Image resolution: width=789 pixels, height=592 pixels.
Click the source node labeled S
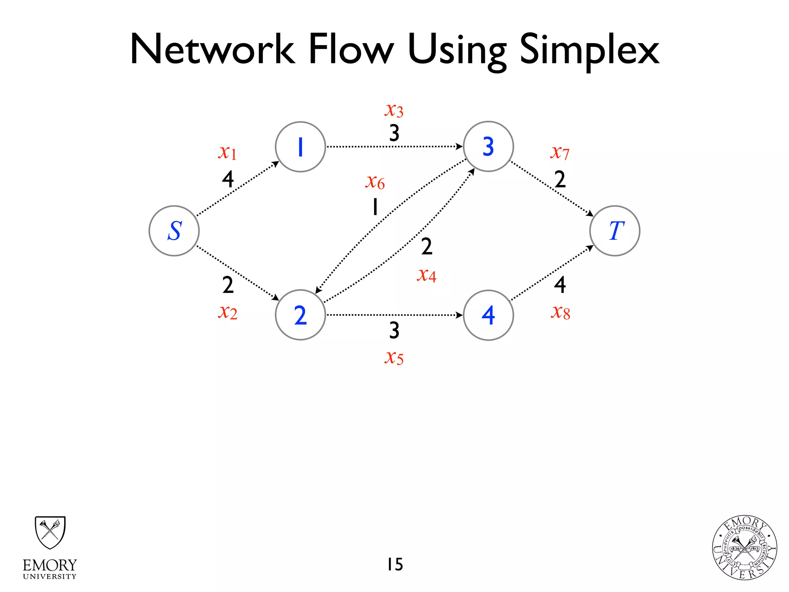pyautogui.click(x=174, y=231)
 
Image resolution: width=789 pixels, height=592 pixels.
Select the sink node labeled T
pyautogui.click(x=614, y=231)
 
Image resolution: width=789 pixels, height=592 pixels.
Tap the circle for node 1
pyautogui.click(x=300, y=147)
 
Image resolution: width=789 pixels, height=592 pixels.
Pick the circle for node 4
pyautogui.click(x=488, y=315)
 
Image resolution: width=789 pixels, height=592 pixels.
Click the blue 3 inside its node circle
pyautogui.click(x=488, y=147)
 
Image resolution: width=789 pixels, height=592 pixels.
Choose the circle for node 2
pyautogui.click(x=300, y=315)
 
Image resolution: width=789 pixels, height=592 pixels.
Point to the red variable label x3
pyautogui.click(x=394, y=110)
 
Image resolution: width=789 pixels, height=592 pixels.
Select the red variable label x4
pyautogui.click(x=426, y=275)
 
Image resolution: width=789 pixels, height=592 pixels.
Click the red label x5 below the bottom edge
pyautogui.click(x=394, y=357)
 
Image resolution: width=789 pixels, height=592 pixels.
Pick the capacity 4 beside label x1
pyautogui.click(x=228, y=179)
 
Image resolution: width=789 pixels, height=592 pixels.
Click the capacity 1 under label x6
pyautogui.click(x=375, y=207)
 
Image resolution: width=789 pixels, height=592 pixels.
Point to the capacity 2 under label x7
pyautogui.click(x=560, y=179)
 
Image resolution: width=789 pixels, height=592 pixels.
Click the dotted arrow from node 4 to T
pyautogui.click(x=552, y=273)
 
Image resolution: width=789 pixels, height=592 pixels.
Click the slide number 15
pyautogui.click(x=395, y=564)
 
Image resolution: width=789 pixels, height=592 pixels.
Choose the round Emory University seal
pyautogui.click(x=744, y=548)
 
